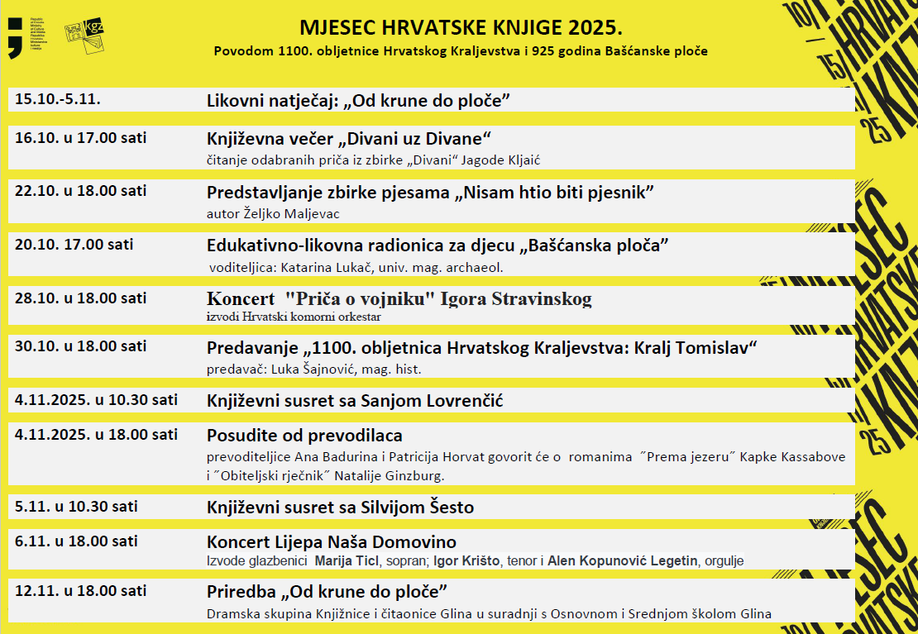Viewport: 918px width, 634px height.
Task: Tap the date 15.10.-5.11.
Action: pyautogui.click(x=57, y=98)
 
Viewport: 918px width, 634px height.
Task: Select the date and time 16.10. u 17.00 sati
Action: pyautogui.click(x=81, y=137)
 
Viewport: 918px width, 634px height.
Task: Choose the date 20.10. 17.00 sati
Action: pyautogui.click(x=74, y=244)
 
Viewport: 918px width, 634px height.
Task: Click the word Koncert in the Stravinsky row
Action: pyautogui.click(x=240, y=298)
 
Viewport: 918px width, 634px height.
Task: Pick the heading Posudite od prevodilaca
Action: pyautogui.click(x=304, y=436)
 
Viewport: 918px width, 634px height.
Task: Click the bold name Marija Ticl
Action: pyautogui.click(x=345, y=561)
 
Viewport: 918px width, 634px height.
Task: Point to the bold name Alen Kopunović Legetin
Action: pyautogui.click(x=623, y=561)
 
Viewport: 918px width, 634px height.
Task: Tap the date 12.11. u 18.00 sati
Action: pyautogui.click(x=81, y=591)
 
